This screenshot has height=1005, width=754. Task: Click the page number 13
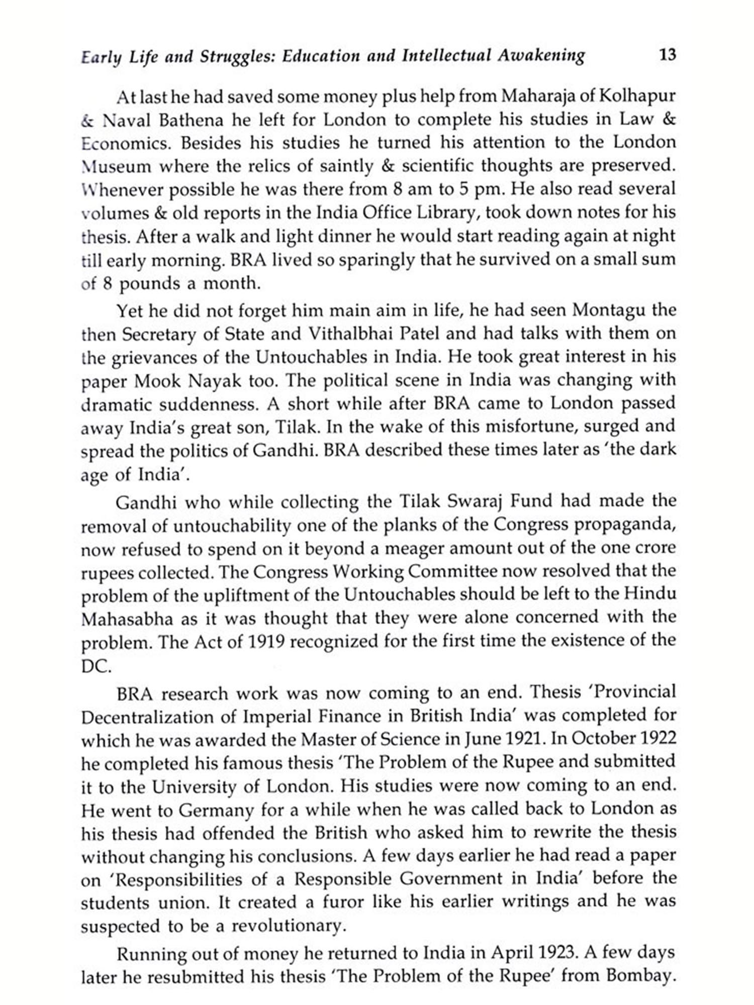(668, 54)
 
